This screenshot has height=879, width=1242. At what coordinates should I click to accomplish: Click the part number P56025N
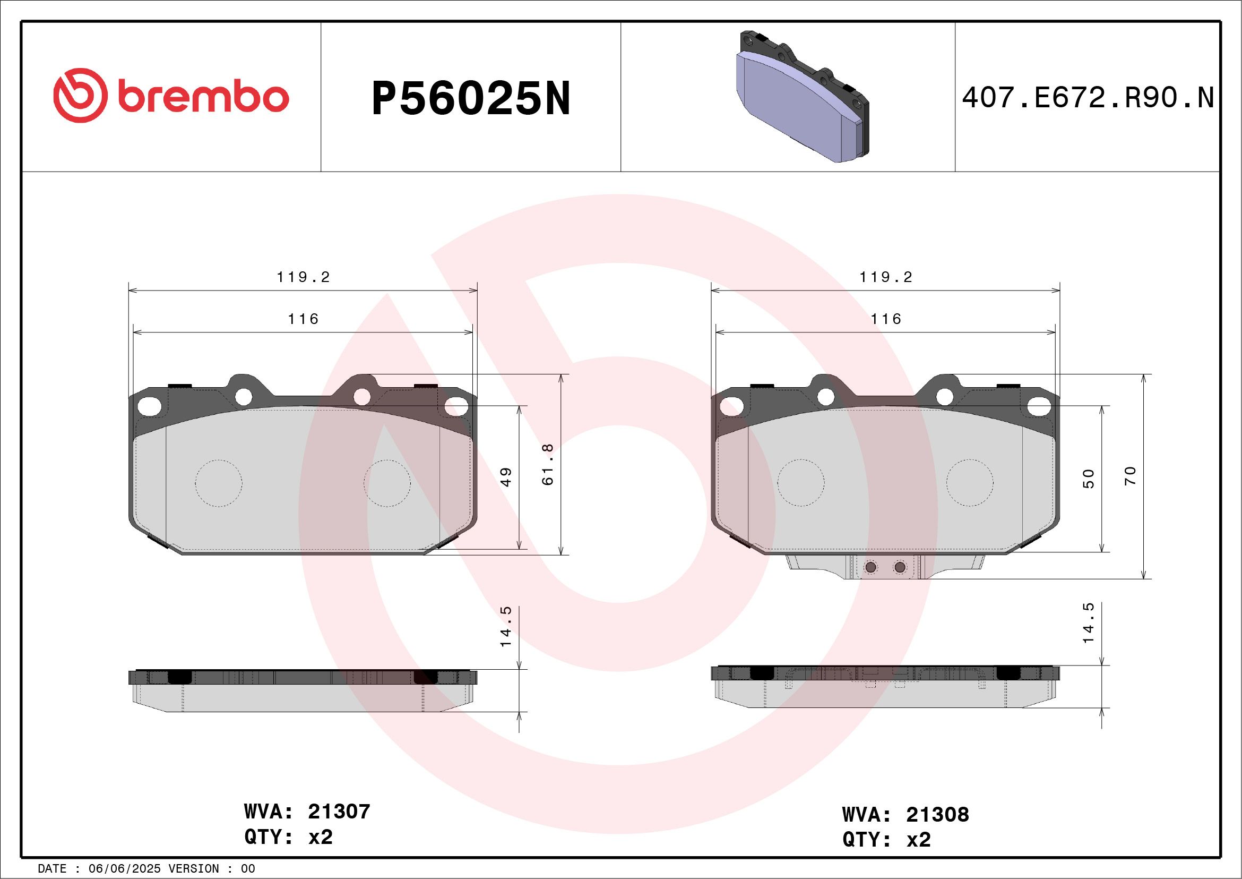pos(471,98)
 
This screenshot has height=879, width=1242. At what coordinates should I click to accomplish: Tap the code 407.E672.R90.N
pos(1088,98)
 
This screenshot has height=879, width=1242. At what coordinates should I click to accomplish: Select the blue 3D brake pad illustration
pos(802,96)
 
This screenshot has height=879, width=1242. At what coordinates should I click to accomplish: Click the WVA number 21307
pos(339,812)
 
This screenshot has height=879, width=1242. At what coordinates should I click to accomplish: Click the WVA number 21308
pos(937,814)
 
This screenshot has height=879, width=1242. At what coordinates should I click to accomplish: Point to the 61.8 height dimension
pos(547,464)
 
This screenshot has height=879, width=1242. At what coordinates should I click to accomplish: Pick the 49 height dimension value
pos(506,477)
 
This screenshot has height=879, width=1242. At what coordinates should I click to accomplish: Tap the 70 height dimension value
pos(1130,476)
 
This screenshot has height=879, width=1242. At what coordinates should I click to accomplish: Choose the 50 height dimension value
pos(1089,479)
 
